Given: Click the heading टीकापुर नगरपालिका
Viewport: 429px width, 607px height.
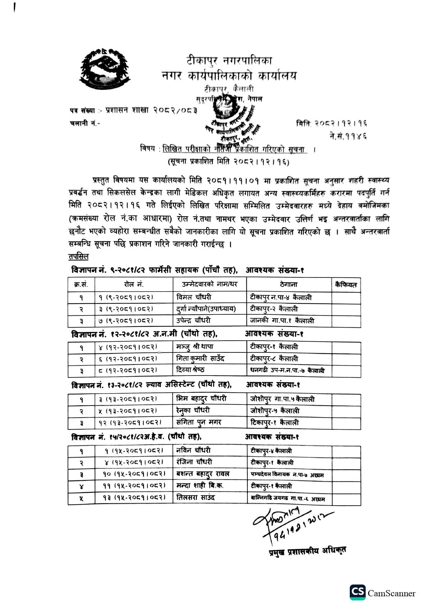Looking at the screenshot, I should [229, 61].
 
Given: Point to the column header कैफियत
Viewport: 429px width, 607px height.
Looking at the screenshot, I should [346, 285].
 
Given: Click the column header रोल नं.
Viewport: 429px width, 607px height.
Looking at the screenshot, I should [134, 285].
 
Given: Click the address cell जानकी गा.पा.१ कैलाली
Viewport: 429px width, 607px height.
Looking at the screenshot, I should [282, 321].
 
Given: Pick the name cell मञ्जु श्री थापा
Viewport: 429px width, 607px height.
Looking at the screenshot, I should [195, 347].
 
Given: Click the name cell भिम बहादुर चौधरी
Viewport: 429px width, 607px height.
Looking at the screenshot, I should [201, 399].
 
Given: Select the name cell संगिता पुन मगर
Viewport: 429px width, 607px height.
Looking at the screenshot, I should [199, 422].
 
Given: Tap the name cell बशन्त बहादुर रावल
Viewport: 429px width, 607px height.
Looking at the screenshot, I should [203, 474].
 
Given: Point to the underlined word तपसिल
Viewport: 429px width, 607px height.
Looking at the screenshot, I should [79, 257].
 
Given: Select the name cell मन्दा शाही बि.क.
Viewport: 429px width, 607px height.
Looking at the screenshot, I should [200, 486].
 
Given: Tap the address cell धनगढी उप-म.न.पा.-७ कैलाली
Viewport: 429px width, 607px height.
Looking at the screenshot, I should [287, 370].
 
